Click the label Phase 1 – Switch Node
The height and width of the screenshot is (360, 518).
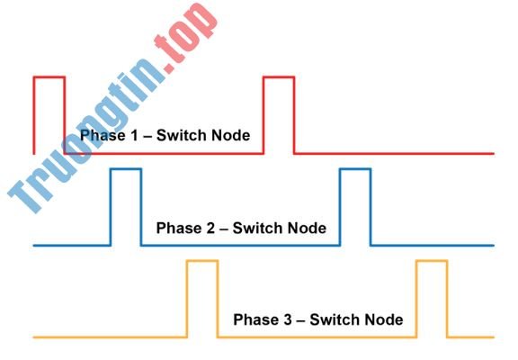[x=165, y=136]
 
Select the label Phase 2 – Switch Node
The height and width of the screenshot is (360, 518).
[x=241, y=229]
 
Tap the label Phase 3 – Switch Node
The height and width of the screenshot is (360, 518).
[x=317, y=320]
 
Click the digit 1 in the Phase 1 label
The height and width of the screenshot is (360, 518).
[x=129, y=136]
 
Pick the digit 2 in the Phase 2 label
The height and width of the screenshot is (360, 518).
[x=205, y=229]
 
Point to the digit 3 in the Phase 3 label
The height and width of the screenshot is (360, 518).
[x=281, y=320]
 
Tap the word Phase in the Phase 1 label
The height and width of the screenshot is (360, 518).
[x=101, y=136]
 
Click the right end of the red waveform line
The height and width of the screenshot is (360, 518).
[x=493, y=154]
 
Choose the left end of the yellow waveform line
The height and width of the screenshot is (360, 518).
[x=35, y=337]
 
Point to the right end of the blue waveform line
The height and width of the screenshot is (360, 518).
[x=493, y=245]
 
